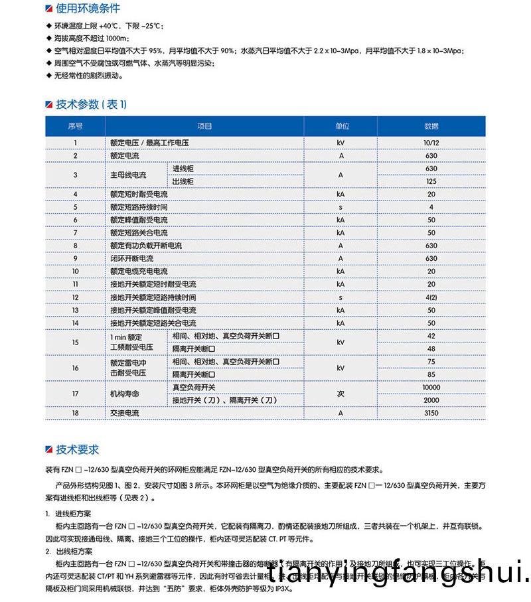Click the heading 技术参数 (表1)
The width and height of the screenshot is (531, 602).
click(91, 104)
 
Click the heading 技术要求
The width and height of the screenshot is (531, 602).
click(77, 449)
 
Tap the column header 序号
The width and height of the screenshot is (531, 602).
click(76, 126)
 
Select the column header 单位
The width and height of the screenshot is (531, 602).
click(341, 126)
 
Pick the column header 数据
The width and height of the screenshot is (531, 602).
click(431, 126)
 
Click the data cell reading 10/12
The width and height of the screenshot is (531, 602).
click(431, 143)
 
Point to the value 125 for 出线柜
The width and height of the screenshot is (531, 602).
click(431, 181)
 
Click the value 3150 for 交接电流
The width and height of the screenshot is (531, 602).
click(431, 413)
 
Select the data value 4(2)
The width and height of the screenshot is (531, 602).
click(431, 297)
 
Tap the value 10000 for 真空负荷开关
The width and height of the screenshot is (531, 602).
click(431, 387)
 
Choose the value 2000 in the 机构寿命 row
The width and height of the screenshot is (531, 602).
click(431, 400)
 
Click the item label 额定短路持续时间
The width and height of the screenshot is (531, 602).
click(139, 207)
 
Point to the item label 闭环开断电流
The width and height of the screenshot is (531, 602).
click(131, 259)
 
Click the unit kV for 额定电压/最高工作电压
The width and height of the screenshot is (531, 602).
click(341, 143)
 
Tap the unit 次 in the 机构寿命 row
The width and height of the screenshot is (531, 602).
click(341, 394)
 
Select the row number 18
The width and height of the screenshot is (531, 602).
click(76, 413)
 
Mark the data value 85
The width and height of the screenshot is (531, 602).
click(431, 374)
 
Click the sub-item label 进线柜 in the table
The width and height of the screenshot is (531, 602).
click(183, 169)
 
